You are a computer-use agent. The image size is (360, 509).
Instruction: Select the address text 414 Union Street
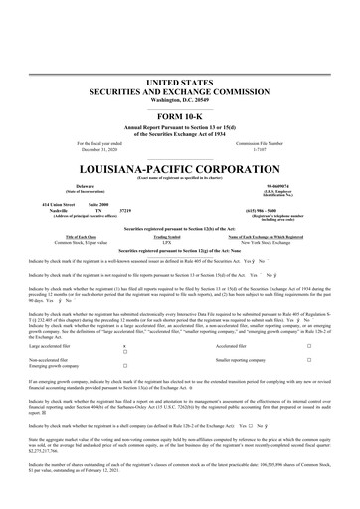pos(46,203)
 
